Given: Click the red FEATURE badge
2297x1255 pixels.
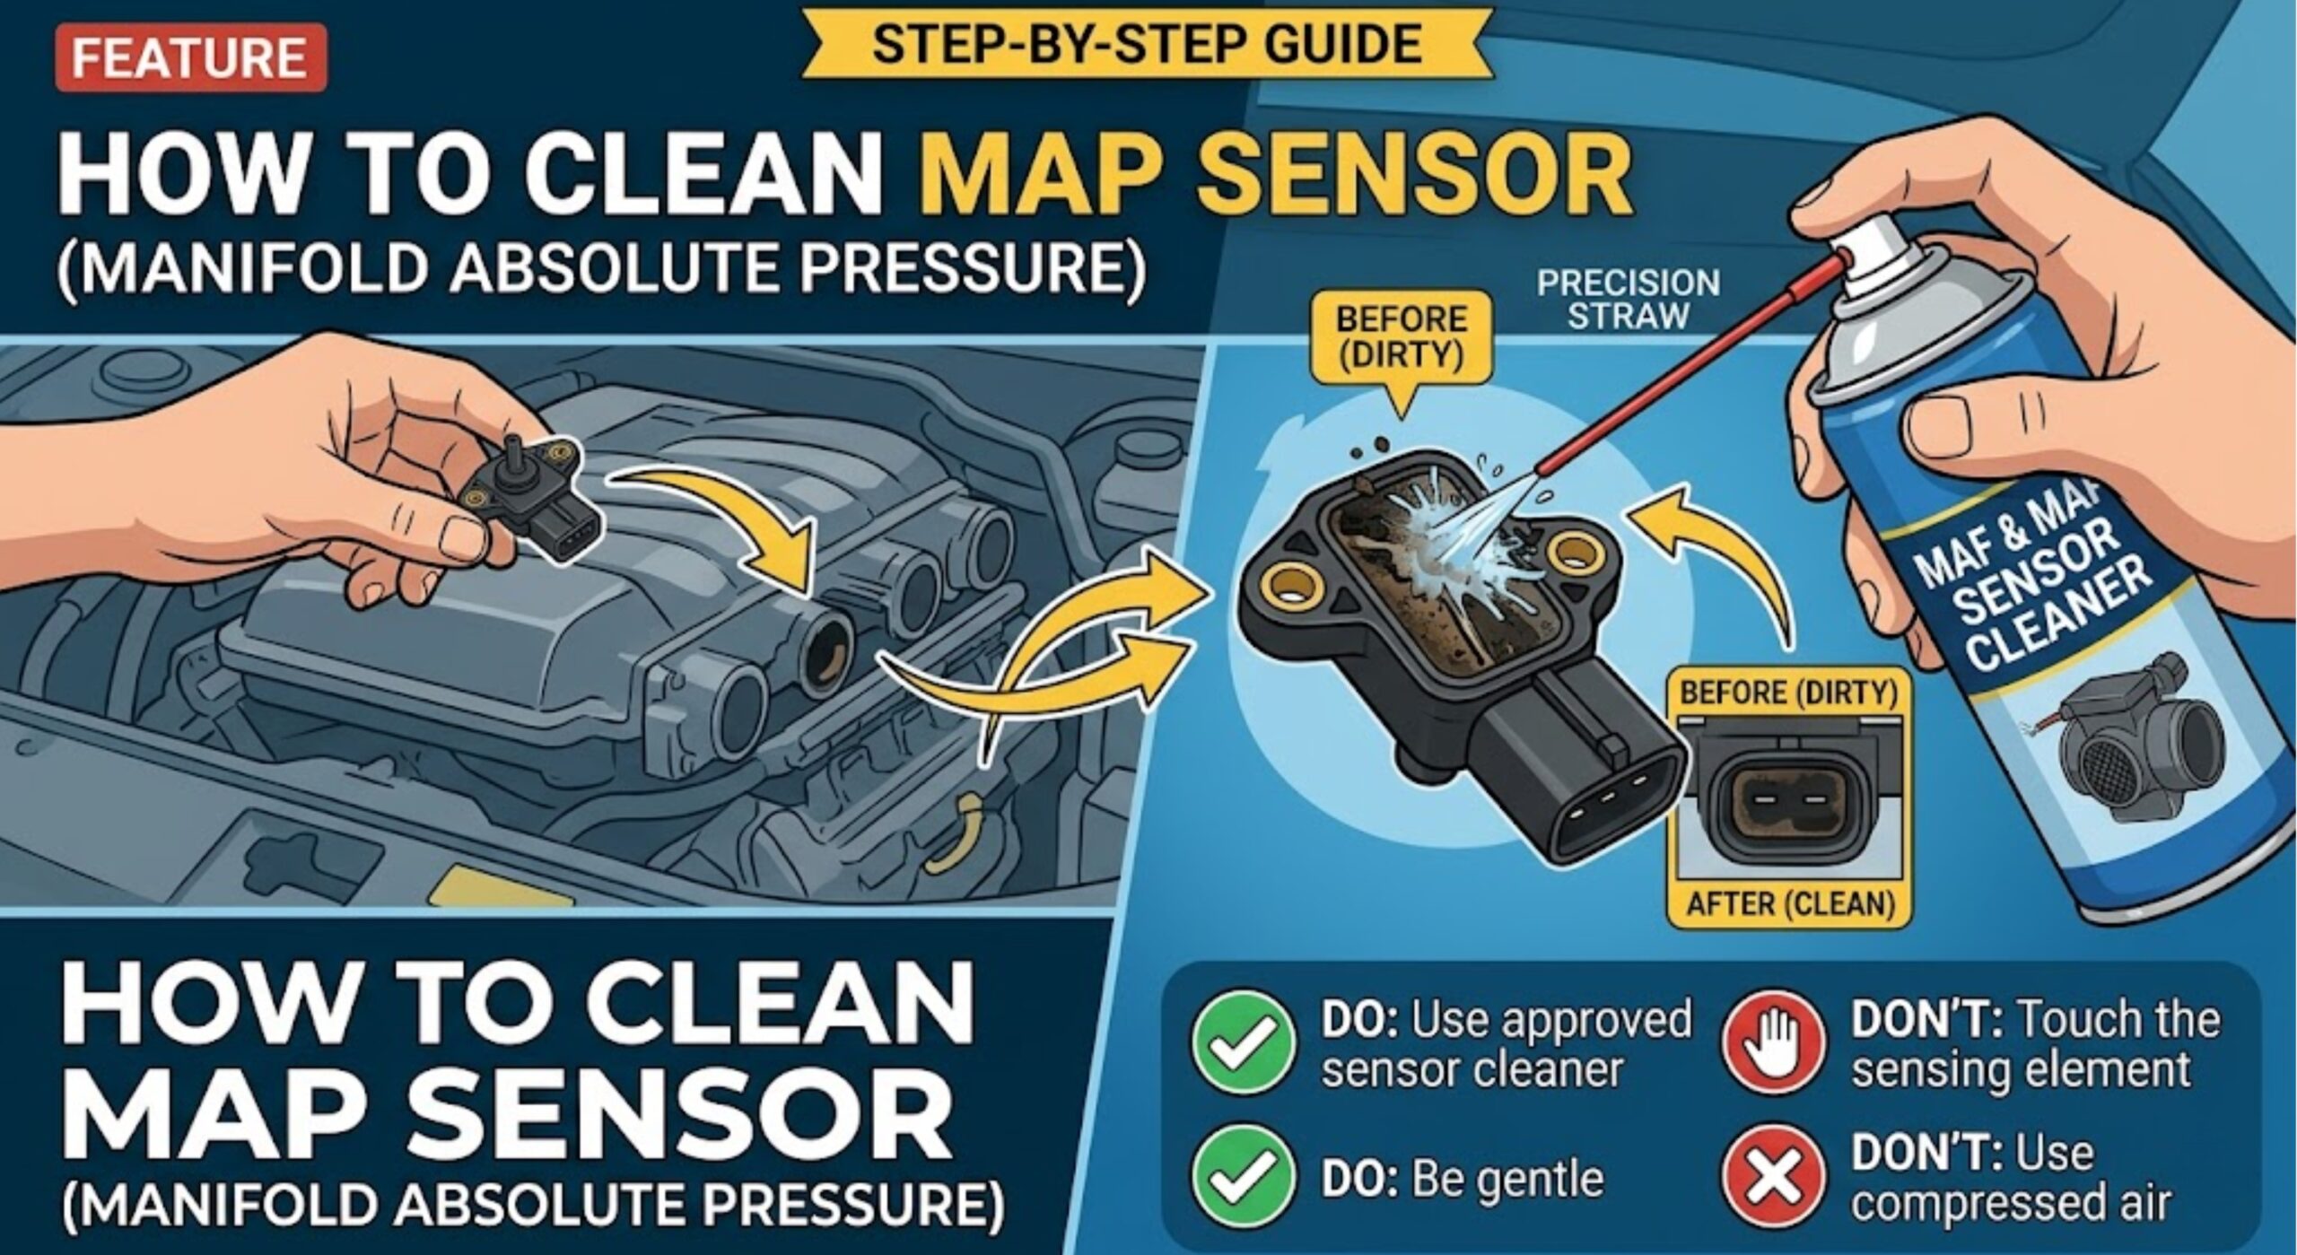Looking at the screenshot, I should (x=189, y=58).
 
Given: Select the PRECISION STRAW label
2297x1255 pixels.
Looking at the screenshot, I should (x=1628, y=300).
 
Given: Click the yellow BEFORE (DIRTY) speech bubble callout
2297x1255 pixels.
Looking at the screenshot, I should (x=1401, y=339).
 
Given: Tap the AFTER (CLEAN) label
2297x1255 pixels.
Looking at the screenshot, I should (x=1789, y=902).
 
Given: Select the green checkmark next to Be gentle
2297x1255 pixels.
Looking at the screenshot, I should (x=1244, y=1177).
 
